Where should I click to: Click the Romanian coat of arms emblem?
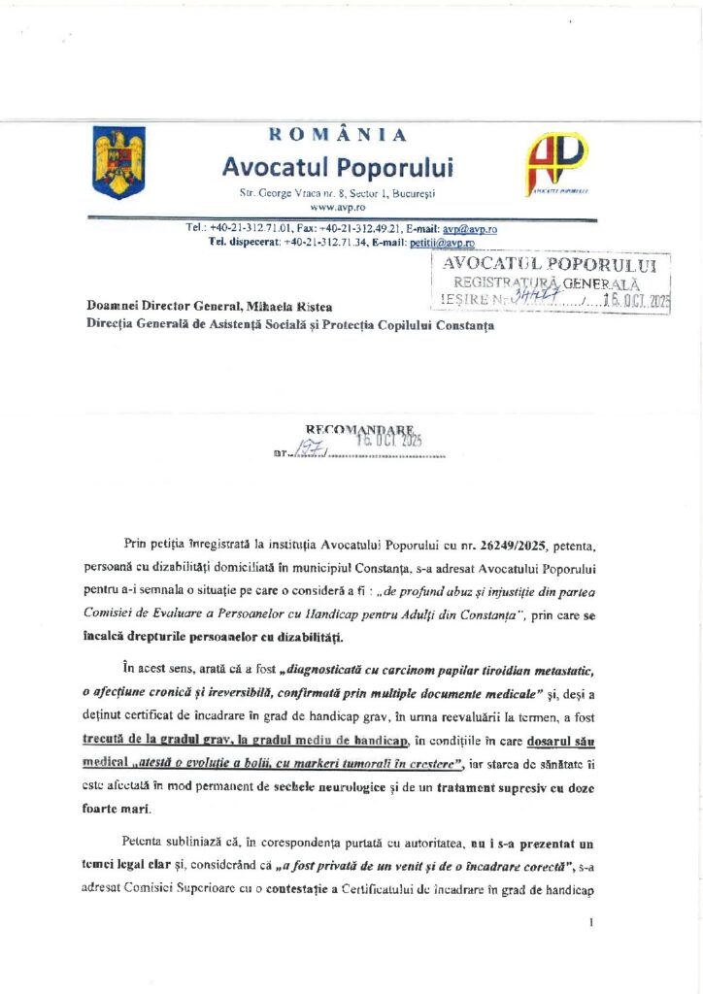(x=118, y=162)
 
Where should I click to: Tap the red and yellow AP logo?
(x=555, y=160)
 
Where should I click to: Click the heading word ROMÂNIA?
(x=338, y=135)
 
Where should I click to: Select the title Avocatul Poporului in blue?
(x=337, y=167)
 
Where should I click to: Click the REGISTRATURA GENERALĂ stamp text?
(x=550, y=282)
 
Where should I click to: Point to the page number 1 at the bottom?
(x=589, y=922)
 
